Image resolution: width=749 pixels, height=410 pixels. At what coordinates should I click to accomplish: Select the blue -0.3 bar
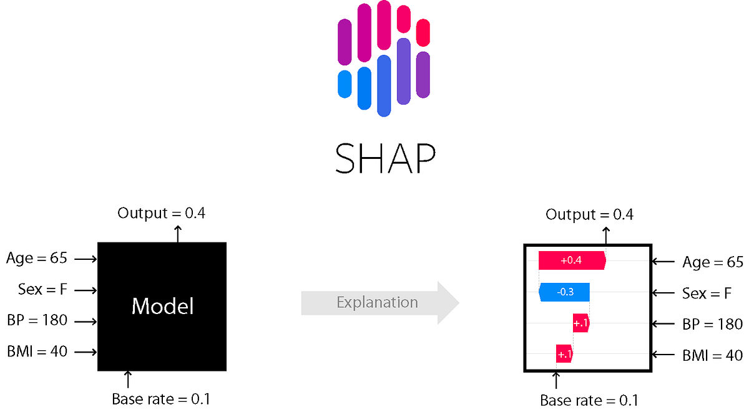[564, 292]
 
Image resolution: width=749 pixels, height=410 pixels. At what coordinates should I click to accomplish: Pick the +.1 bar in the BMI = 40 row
[564, 354]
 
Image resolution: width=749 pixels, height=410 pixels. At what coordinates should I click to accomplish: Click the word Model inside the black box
[162, 306]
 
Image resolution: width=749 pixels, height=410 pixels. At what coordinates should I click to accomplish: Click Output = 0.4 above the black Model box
[161, 213]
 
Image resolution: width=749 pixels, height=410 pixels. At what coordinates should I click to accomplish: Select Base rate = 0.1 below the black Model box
[161, 399]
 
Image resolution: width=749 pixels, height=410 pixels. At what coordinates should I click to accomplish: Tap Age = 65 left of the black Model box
[36, 258]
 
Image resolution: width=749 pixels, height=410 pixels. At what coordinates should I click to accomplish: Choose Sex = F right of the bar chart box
[707, 293]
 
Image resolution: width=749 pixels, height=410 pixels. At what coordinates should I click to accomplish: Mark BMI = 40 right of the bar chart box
[712, 355]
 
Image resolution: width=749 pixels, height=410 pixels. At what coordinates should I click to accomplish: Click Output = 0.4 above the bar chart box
[589, 214]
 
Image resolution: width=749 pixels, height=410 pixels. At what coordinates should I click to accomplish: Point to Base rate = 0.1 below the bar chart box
[589, 399]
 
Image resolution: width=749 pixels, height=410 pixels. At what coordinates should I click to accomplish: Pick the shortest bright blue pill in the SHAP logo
[345, 83]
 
